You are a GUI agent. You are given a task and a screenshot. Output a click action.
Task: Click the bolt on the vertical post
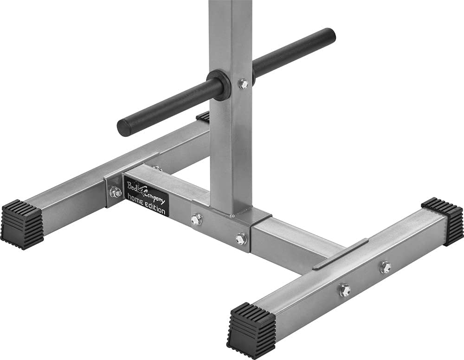tap(244, 84)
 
